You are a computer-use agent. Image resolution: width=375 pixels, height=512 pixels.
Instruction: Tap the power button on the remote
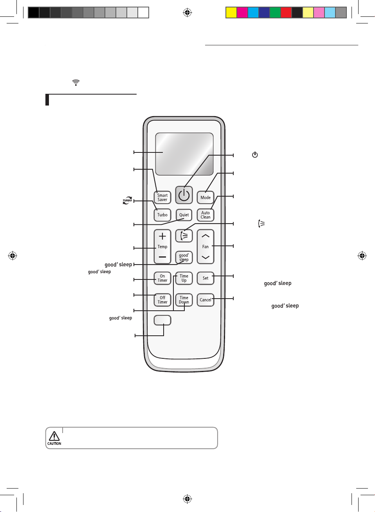(184, 195)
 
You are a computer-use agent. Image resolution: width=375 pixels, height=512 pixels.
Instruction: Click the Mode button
(206, 197)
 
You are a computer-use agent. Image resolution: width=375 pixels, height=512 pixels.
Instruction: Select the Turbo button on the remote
(162, 215)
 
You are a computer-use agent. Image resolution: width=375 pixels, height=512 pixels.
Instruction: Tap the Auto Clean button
(206, 215)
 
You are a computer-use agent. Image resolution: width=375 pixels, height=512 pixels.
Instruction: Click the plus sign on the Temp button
(162, 236)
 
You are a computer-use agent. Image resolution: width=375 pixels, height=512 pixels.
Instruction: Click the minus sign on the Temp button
(162, 257)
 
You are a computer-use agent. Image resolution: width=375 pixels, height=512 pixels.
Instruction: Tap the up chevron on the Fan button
(206, 236)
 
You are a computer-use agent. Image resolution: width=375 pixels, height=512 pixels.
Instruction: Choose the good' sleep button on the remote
(184, 258)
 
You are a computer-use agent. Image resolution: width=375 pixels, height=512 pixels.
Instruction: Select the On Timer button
(162, 278)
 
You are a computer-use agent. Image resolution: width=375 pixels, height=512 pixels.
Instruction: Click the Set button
(206, 278)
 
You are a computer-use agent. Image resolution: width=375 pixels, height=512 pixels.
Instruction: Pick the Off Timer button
(162, 300)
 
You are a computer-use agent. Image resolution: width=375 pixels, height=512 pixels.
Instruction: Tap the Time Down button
(184, 300)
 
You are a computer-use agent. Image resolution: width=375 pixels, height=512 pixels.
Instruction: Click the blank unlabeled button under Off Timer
(162, 320)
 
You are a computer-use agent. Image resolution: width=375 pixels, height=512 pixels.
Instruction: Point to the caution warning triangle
(54, 436)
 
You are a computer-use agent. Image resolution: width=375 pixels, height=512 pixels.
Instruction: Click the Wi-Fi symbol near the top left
(76, 82)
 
